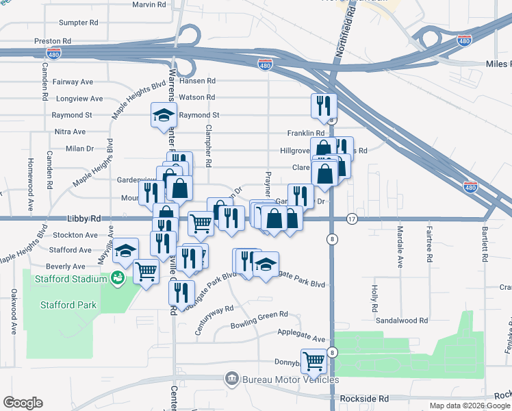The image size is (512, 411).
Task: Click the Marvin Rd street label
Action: coord(149,4)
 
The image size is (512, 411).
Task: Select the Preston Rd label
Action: coord(53,41)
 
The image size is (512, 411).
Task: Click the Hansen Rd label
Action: coord(197,81)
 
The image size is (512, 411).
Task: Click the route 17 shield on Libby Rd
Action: coord(352,219)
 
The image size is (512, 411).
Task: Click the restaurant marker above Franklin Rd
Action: coord(323,106)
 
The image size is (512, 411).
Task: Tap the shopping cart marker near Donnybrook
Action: coord(313,361)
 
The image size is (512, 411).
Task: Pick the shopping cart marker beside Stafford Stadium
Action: coord(146,273)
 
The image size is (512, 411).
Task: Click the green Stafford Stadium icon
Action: coord(118,278)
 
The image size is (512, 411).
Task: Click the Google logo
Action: coord(23,403)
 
